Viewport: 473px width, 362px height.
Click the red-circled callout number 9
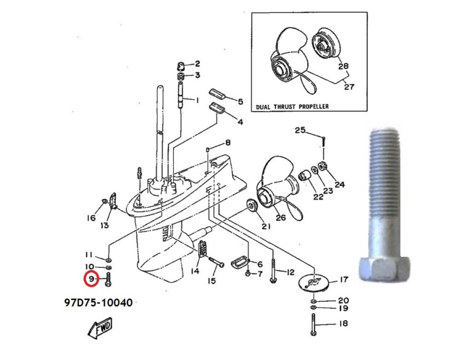(91, 278)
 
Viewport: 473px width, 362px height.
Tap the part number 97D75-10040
(98, 303)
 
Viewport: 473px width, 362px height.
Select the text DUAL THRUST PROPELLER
(292, 106)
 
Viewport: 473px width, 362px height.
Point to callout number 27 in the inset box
(349, 86)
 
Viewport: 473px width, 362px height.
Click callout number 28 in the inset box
(343, 66)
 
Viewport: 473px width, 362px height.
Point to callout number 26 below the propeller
(280, 218)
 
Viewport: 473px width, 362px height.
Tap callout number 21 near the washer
(265, 226)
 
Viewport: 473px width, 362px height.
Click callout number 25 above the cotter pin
(300, 130)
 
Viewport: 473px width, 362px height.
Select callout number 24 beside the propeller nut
(339, 184)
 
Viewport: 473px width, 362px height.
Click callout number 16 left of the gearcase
(91, 218)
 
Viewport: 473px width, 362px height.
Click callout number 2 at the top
(197, 63)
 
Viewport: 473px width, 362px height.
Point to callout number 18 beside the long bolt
(343, 324)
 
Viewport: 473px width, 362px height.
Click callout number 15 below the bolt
(212, 281)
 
